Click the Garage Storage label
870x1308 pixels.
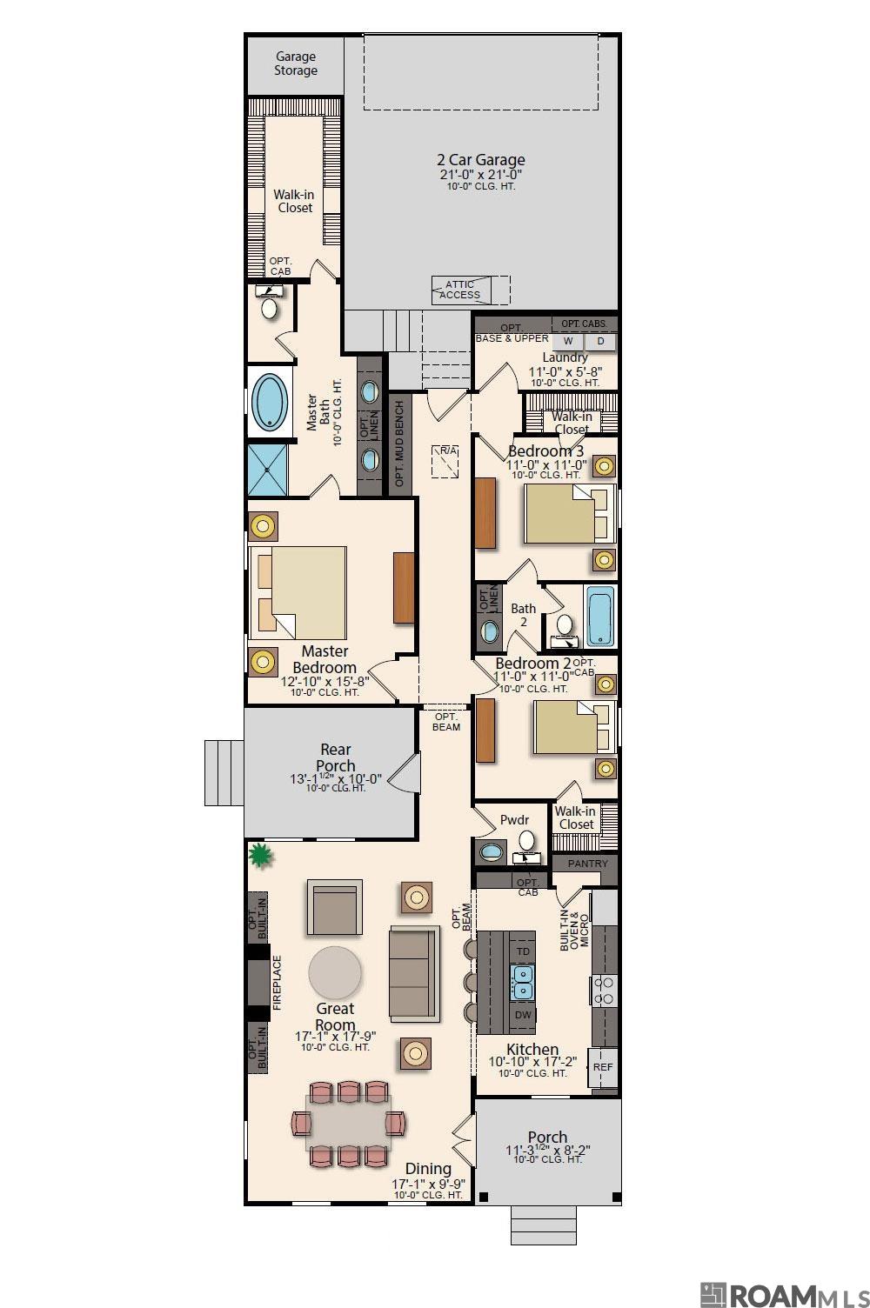click(296, 63)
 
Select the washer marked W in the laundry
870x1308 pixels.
click(568, 342)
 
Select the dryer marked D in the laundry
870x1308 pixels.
click(600, 342)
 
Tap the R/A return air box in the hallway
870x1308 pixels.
click(447, 462)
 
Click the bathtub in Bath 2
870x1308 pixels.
click(600, 617)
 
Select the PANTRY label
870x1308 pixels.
click(588, 864)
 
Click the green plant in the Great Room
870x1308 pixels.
click(259, 856)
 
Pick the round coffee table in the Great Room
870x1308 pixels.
click(335, 972)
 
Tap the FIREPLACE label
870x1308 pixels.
click(278, 983)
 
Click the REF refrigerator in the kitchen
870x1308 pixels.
click(603, 1066)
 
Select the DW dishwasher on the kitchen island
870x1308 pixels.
click(523, 1015)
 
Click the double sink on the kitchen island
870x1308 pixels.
click(523, 984)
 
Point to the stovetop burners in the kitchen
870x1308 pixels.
click(604, 991)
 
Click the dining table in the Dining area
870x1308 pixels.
click(348, 1122)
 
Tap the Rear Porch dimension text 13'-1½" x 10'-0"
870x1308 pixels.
click(335, 778)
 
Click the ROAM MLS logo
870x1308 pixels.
click(783, 1290)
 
